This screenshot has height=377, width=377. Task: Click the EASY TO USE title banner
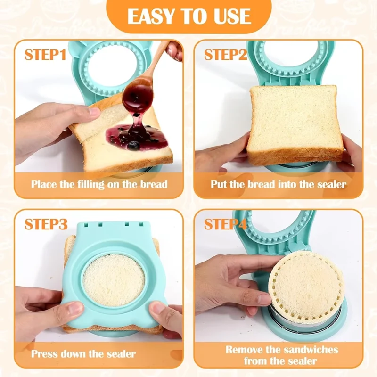tap(188, 16)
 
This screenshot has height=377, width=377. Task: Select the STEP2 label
tap(226, 55)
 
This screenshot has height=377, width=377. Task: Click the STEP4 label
tap(226, 224)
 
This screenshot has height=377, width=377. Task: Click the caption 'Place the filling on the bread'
tap(99, 184)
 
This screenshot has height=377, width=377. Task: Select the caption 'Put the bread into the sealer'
tap(278, 184)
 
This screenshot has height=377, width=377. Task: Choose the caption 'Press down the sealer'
tap(83, 353)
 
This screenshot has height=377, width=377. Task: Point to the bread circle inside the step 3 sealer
tap(114, 279)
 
